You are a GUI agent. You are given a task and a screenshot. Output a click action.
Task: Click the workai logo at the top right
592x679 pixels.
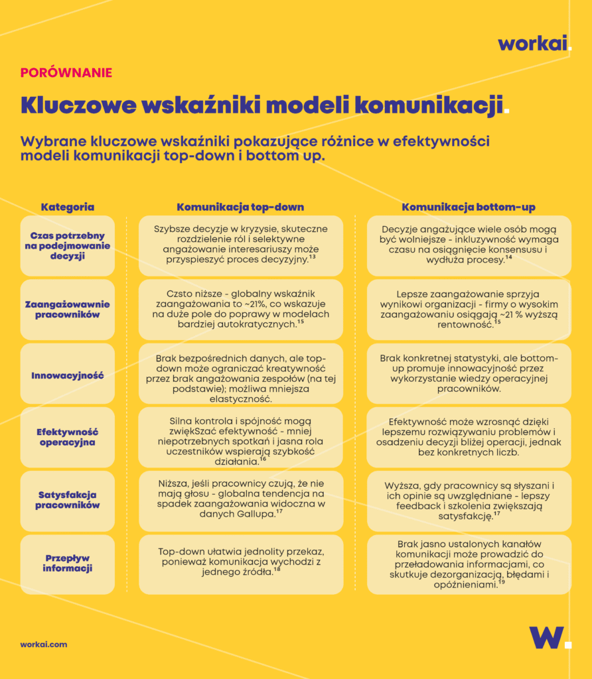coord(534,44)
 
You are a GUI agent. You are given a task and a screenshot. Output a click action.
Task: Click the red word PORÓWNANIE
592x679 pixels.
coord(66,73)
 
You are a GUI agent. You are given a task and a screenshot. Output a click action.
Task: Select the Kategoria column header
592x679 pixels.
coord(67,207)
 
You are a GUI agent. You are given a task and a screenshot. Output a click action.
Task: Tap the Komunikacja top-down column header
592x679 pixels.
coord(240,207)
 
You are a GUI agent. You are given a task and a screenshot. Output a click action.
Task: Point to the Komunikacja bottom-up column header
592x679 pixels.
coord(469,207)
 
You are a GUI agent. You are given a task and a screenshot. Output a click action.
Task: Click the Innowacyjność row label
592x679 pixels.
coord(67,375)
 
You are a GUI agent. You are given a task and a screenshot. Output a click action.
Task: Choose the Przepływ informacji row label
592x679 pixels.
coord(67,563)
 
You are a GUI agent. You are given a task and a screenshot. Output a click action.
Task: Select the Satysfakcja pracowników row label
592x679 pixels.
coord(67,500)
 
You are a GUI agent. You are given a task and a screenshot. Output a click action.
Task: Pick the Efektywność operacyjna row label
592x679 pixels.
coord(67,437)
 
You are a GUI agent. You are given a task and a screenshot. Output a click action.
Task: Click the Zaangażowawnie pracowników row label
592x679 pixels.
coord(67,309)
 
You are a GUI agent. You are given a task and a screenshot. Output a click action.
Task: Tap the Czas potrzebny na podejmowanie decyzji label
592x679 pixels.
coord(67,246)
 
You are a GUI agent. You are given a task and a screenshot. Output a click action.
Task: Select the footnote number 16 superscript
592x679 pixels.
coord(263,459)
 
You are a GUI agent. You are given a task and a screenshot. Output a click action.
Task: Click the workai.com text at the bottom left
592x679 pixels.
coord(43,644)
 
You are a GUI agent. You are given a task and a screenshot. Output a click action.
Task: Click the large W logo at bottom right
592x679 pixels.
coord(546,637)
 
